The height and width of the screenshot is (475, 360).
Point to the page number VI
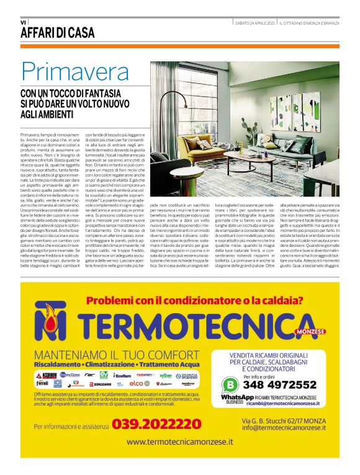[x=23, y=22]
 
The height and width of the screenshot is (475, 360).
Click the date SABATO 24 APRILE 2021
[x=254, y=23]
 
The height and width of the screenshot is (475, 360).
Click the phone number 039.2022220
[x=148, y=425]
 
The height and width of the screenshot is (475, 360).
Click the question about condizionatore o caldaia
[x=194, y=301]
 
